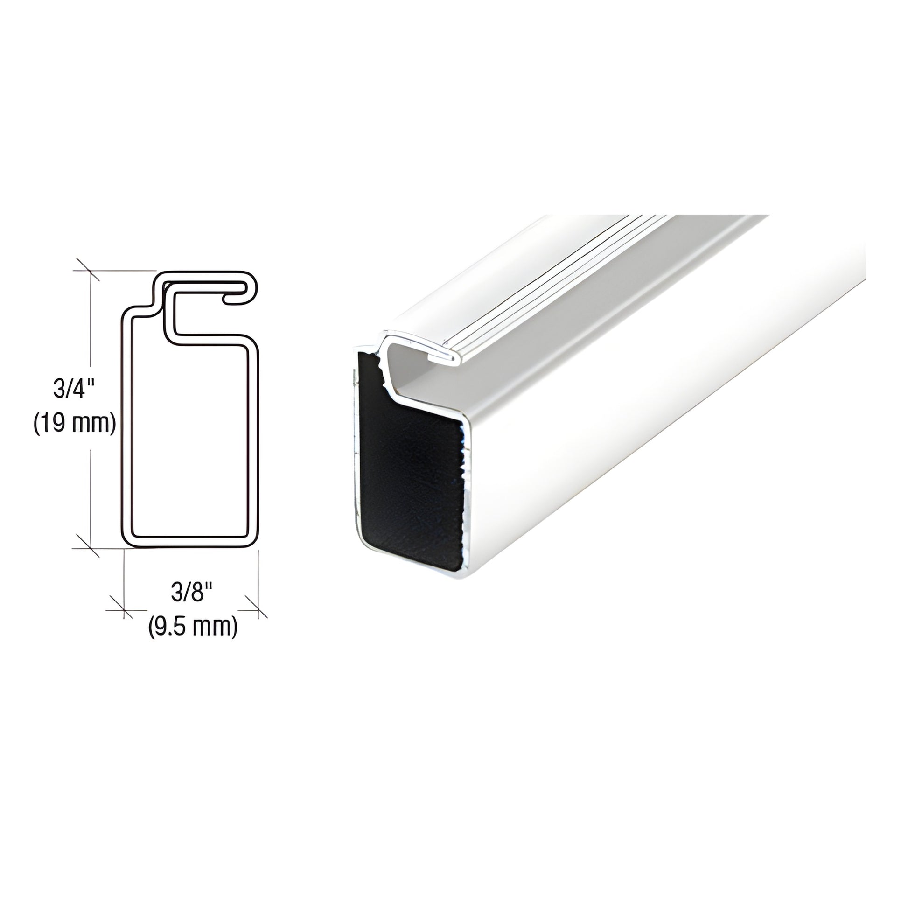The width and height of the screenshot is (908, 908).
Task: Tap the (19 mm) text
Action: (75, 425)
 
